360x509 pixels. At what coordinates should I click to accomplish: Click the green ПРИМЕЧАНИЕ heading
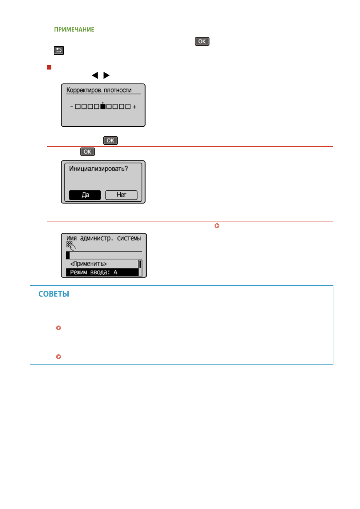(x=74, y=30)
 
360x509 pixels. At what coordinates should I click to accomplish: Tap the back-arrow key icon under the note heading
(x=59, y=50)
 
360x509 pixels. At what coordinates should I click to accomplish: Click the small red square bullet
(x=49, y=67)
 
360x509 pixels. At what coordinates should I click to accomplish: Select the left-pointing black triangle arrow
(x=95, y=75)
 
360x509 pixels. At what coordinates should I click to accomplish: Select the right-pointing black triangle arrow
(x=106, y=75)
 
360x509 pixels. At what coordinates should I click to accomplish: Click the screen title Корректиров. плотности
(x=99, y=90)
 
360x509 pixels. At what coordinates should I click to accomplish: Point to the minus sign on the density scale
(x=72, y=107)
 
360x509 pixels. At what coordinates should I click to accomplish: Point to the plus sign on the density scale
(x=135, y=107)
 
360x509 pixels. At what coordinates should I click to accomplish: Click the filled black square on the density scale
(x=103, y=106)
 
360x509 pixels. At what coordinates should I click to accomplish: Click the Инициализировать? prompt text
(x=99, y=169)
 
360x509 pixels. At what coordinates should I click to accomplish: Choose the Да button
(x=85, y=195)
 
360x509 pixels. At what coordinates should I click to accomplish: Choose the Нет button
(x=121, y=195)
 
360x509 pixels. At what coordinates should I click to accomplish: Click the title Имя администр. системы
(x=104, y=238)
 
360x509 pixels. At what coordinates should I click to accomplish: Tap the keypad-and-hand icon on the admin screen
(x=70, y=245)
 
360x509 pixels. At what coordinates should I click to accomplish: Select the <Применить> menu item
(x=89, y=264)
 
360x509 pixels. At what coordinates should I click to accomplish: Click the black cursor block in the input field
(x=68, y=255)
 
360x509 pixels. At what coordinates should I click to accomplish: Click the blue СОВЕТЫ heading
(x=54, y=294)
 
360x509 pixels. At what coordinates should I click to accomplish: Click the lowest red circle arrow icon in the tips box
(x=59, y=357)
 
